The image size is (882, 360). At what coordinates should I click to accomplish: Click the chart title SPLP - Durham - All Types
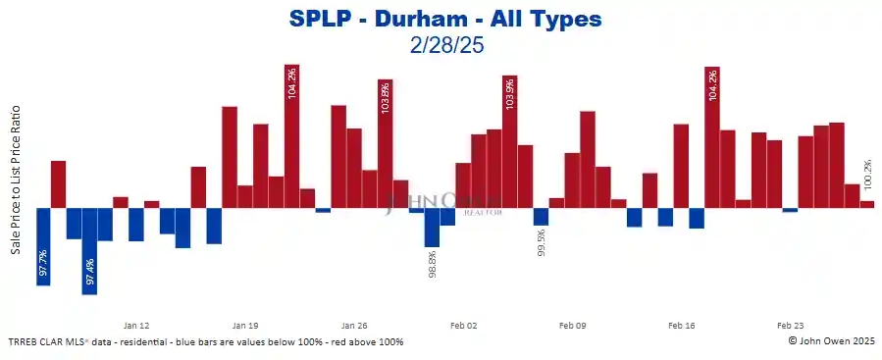(446, 19)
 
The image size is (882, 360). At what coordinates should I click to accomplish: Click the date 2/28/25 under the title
(445, 44)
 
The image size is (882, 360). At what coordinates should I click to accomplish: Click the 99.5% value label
(541, 243)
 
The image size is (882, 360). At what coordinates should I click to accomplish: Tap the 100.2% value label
(866, 179)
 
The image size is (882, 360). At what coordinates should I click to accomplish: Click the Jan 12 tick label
(136, 325)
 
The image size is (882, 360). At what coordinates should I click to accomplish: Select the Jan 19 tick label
(245, 325)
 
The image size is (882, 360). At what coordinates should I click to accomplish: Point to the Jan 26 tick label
(354, 325)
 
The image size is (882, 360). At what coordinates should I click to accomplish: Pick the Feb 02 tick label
(463, 325)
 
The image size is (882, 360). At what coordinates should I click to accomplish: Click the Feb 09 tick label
(572, 325)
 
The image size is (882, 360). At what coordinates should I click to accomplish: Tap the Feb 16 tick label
(681, 325)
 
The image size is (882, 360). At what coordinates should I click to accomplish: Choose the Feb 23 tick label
(790, 325)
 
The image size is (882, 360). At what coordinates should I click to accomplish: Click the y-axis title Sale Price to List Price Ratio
(17, 181)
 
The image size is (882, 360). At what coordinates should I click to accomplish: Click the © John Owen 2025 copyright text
(832, 341)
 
